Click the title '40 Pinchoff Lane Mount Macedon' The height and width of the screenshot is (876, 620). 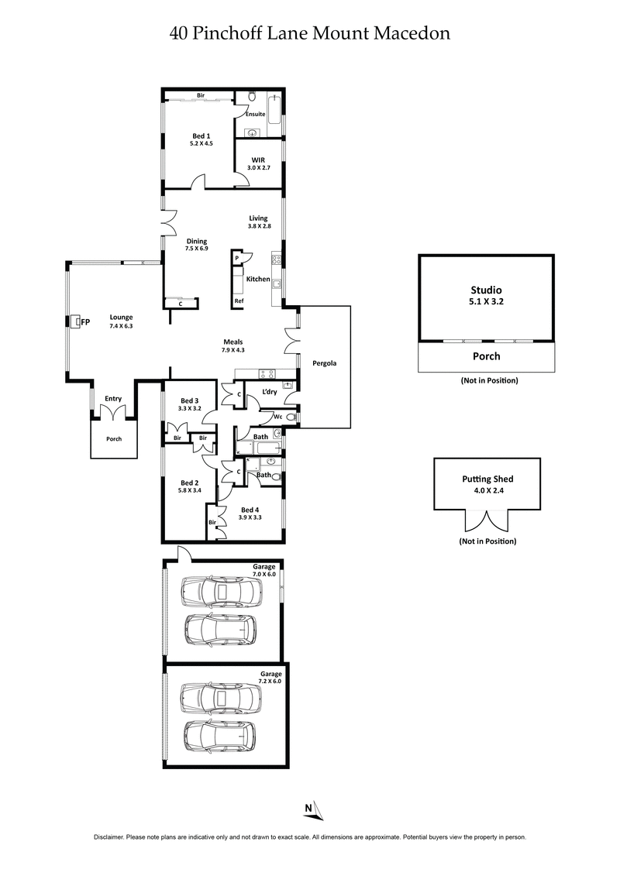[310, 33]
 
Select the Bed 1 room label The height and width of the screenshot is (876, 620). [201, 139]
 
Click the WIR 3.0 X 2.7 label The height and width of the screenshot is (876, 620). [259, 163]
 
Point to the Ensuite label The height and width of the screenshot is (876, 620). [256, 114]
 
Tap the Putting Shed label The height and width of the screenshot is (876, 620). [487, 484]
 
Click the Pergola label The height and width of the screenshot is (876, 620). [324, 362]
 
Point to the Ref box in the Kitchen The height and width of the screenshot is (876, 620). [238, 301]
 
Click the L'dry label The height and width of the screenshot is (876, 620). [270, 392]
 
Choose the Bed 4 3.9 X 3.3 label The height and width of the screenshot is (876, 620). [250, 513]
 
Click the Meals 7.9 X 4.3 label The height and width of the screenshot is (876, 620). [234, 345]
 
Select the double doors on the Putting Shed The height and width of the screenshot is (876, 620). [487, 519]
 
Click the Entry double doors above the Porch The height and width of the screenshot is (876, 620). [114, 413]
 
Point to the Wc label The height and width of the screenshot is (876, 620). [277, 417]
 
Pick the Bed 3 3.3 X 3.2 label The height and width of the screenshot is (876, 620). [189, 403]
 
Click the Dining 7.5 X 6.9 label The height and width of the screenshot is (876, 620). [196, 245]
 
